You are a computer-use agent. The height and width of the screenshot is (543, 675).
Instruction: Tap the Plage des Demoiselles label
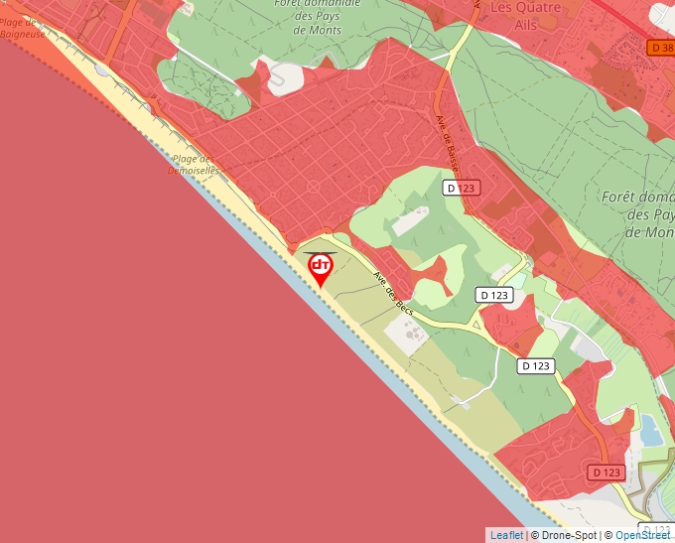point(194,164)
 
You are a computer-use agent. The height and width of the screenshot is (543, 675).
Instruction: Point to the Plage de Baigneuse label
point(22,28)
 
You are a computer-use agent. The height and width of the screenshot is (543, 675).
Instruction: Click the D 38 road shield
point(660,47)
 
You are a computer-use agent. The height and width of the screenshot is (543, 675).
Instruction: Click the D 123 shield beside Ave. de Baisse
point(462,188)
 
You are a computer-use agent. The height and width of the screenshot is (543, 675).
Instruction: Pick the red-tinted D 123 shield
point(606,472)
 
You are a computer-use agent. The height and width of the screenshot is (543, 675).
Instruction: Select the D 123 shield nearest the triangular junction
point(494,295)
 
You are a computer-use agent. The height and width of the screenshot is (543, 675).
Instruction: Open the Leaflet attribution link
point(506,535)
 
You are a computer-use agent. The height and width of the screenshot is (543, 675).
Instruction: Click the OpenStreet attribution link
point(642,535)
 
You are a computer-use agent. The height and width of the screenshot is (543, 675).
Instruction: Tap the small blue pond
point(651,429)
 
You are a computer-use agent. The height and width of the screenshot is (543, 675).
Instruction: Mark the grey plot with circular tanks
point(405,339)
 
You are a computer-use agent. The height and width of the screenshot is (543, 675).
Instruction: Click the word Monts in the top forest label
point(318,30)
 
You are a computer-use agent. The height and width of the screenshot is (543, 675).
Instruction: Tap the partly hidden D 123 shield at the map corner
point(656,531)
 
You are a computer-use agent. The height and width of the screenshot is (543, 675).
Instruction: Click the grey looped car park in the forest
point(288,76)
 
